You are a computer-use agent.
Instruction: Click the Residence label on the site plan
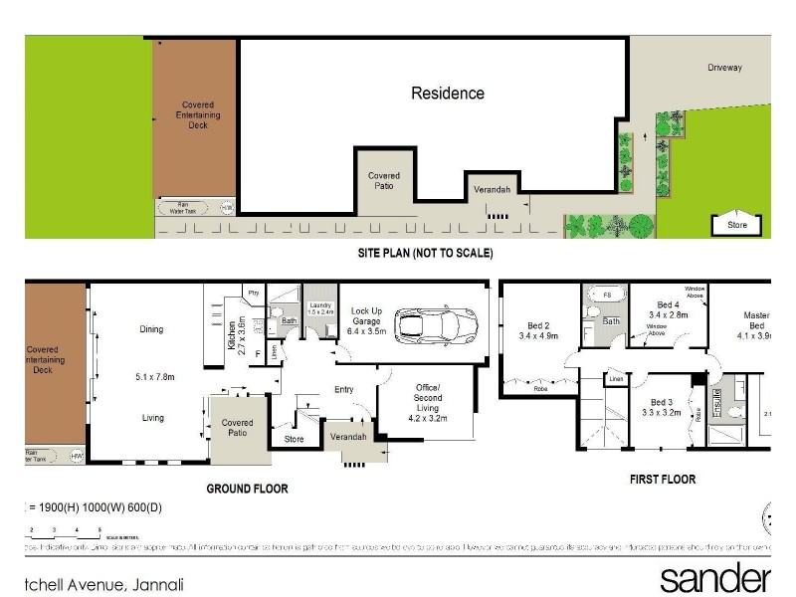pyautogui.click(x=448, y=94)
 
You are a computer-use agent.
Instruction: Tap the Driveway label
pyautogui.click(x=725, y=68)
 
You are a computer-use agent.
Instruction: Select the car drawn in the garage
pyautogui.click(x=436, y=324)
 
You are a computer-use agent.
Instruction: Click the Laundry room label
pyautogui.click(x=320, y=307)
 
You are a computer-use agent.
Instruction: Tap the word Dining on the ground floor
pyautogui.click(x=151, y=329)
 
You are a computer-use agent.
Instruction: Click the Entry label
pyautogui.click(x=344, y=389)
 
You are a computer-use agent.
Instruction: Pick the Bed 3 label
pyautogui.click(x=659, y=405)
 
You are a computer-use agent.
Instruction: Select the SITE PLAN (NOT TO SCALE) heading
pyautogui.click(x=425, y=254)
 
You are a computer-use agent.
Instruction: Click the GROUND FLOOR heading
pyautogui.click(x=247, y=489)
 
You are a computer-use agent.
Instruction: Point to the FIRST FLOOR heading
pyautogui.click(x=662, y=480)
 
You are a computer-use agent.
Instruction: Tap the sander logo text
pyautogui.click(x=714, y=578)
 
